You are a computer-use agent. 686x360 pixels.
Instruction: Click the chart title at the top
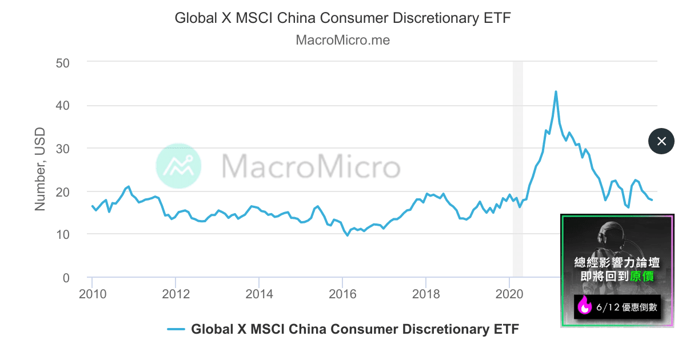point(342,18)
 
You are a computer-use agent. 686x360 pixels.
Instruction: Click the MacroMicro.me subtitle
point(342,40)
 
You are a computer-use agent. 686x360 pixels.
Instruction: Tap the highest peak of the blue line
point(556,91)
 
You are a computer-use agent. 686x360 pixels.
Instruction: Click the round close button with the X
point(661,141)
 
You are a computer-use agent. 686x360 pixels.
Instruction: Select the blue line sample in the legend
point(176,329)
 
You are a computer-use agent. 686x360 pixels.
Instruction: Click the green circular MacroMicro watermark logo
point(178,166)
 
